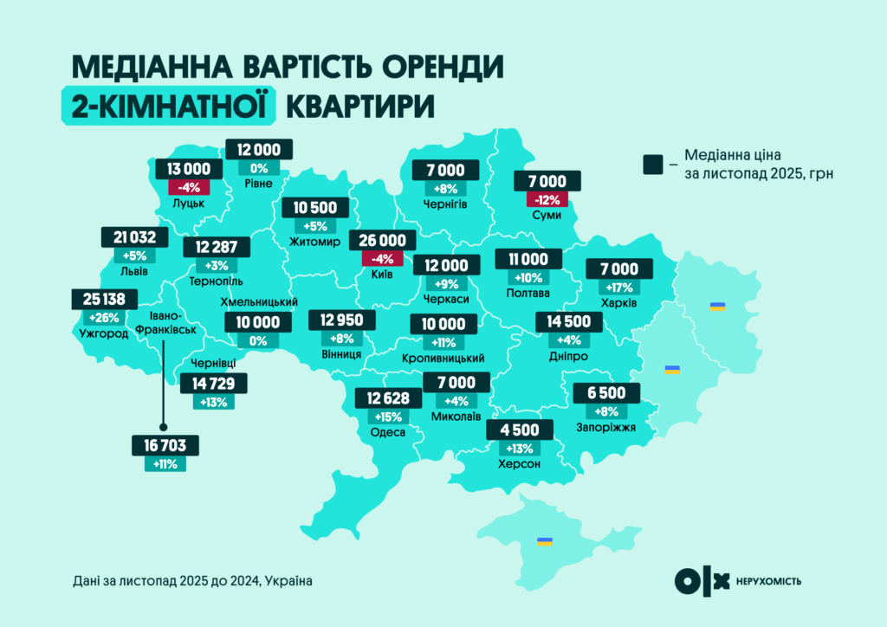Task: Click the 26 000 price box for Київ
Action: point(382,242)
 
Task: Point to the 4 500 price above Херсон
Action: point(520,430)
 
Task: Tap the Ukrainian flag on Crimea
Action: point(544,541)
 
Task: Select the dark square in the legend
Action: point(652,164)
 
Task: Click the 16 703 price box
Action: point(165,446)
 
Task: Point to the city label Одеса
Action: point(387,432)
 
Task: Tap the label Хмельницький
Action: point(261,302)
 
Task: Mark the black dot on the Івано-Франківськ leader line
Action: point(164,342)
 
